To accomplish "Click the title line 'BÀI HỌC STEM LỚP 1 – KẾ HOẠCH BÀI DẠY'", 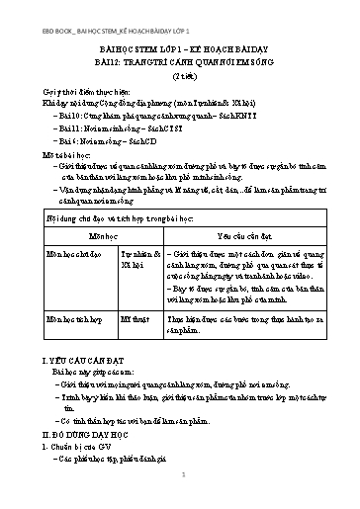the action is [x=179, y=44].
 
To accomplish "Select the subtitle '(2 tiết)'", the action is [x=179, y=75].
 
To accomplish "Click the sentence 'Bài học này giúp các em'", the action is [x=88, y=376].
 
